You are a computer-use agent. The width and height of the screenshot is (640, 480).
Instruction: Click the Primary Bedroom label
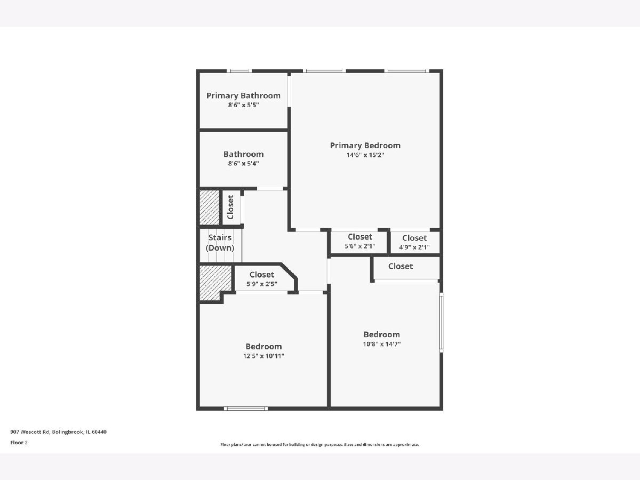click(x=365, y=146)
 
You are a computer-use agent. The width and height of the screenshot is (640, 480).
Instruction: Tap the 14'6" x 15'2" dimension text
click(x=365, y=155)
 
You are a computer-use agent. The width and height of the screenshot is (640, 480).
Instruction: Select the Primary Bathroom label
click(x=243, y=95)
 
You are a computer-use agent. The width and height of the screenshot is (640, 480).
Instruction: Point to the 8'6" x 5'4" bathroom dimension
click(x=243, y=164)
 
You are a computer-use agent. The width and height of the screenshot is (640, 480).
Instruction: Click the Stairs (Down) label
click(x=220, y=243)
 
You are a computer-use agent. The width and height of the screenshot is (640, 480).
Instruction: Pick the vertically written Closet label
click(x=230, y=207)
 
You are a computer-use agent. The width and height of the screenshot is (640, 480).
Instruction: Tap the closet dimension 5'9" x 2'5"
click(x=262, y=284)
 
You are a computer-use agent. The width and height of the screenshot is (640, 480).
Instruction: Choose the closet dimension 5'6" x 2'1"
click(x=360, y=246)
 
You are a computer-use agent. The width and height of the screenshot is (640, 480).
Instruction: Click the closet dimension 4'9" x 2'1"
click(x=414, y=247)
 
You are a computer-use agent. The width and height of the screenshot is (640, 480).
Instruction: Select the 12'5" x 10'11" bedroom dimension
click(x=263, y=356)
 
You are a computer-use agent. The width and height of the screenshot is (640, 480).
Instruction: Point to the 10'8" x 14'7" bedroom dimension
click(x=382, y=344)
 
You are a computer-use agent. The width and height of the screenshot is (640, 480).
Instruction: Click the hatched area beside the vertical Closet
click(x=210, y=207)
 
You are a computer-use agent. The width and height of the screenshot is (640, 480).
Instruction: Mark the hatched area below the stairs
click(x=215, y=281)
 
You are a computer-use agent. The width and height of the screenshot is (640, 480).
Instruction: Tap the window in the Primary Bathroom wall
click(x=239, y=71)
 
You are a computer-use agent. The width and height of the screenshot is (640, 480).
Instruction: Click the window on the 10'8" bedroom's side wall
click(x=442, y=322)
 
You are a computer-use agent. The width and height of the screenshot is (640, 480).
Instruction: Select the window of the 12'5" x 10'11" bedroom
click(x=246, y=409)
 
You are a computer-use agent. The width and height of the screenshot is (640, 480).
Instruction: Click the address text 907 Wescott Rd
click(x=30, y=432)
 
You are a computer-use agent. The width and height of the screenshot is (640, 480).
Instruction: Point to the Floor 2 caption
click(x=19, y=443)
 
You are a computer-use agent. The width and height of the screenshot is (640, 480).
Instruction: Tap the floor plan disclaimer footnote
click(x=319, y=444)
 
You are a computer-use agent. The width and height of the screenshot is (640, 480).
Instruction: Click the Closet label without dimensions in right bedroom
click(x=401, y=266)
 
